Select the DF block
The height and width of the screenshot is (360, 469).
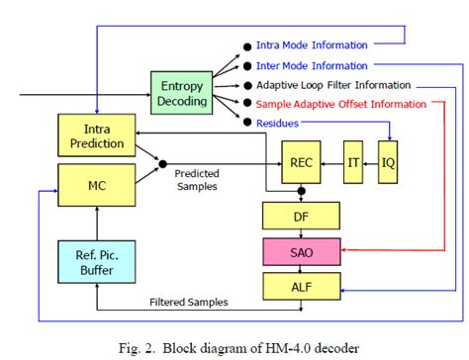(302, 214)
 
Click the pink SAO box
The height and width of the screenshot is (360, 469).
(302, 249)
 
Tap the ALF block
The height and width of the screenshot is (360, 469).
(302, 286)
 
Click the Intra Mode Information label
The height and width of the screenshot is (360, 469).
(312, 45)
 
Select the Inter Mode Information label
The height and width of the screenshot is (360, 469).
(312, 65)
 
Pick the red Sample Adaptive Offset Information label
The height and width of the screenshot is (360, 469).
(340, 104)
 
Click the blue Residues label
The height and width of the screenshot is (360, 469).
(278, 123)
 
